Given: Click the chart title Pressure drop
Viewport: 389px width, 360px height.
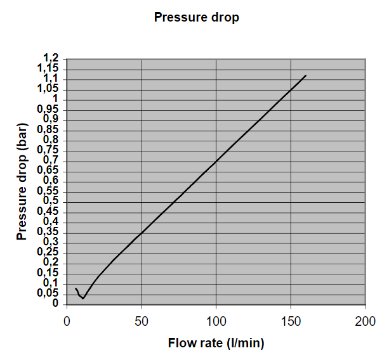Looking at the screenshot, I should click(197, 18).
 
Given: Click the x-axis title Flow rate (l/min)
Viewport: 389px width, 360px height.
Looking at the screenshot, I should click(216, 344).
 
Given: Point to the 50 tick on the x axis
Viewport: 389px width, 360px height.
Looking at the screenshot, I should click(141, 321).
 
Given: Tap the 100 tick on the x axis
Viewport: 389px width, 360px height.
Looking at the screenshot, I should click(216, 321).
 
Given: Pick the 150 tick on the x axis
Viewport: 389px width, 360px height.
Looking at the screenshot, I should click(291, 321).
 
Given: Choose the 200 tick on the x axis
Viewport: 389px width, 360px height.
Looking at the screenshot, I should click(365, 321).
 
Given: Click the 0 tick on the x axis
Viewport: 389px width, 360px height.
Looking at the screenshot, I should click(67, 321).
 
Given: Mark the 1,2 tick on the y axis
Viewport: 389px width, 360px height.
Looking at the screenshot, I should click(51, 58).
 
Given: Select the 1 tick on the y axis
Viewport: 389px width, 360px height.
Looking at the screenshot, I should click(55, 99).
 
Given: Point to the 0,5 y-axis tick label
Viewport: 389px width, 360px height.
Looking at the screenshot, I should click(51, 201).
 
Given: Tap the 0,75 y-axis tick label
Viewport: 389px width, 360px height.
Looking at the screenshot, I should click(48, 150).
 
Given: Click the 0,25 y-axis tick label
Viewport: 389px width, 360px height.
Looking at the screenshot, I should click(48, 252).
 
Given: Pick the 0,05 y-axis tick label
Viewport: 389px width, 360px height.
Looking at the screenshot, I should click(48, 293).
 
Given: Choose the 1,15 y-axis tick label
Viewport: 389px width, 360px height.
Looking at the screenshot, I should click(48, 68).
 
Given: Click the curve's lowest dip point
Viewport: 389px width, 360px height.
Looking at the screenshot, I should click(82, 299).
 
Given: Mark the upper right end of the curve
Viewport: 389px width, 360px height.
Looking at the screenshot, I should click(305, 75).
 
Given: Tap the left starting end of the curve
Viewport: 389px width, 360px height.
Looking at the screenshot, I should click(76, 288).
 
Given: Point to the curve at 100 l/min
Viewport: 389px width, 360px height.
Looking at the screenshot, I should click(216, 161).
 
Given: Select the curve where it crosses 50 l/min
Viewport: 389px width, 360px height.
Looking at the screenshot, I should click(141, 232).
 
